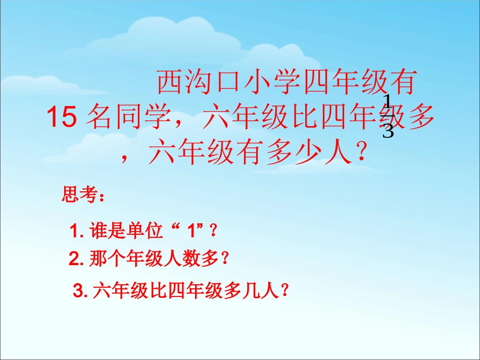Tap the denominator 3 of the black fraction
point(388,131)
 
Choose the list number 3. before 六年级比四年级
point(81,291)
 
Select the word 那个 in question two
point(105,260)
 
